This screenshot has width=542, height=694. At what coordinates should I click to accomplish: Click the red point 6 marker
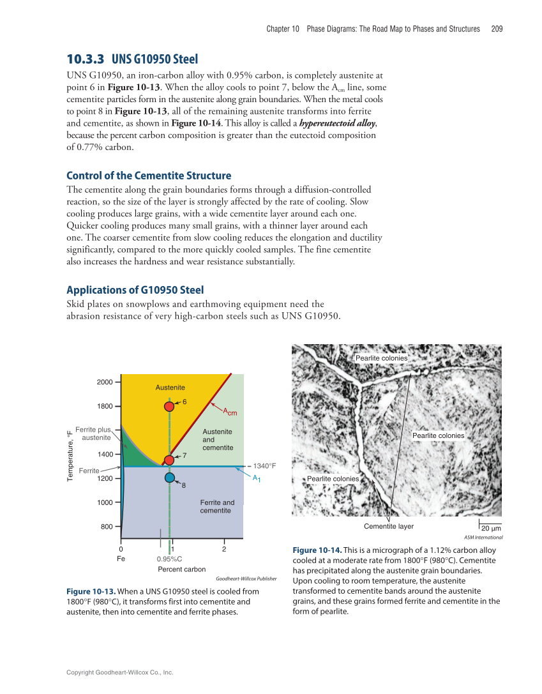(x=169, y=406)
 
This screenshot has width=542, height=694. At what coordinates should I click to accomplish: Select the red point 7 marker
(x=169, y=460)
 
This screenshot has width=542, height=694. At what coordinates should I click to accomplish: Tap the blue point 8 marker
(x=169, y=477)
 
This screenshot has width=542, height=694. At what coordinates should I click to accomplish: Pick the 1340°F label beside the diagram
(x=264, y=466)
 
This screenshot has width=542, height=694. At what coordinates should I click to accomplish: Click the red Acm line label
(x=230, y=412)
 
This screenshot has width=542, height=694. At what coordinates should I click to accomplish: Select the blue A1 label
(x=256, y=478)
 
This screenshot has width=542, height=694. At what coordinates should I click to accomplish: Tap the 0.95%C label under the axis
(x=169, y=559)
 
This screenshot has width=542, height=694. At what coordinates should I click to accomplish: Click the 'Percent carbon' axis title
(x=181, y=569)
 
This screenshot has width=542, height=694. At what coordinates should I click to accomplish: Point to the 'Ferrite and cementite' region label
(x=217, y=506)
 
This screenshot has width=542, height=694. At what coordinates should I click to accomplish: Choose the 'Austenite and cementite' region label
(x=217, y=439)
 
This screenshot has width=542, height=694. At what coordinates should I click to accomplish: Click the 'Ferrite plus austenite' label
(x=93, y=434)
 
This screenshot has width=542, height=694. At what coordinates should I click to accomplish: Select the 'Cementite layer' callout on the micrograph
(x=388, y=527)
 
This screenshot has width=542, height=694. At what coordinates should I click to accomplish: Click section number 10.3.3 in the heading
(x=86, y=59)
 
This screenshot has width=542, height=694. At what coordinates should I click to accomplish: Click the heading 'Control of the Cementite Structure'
(x=149, y=176)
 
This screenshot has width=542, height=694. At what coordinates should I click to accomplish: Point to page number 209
(x=497, y=29)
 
